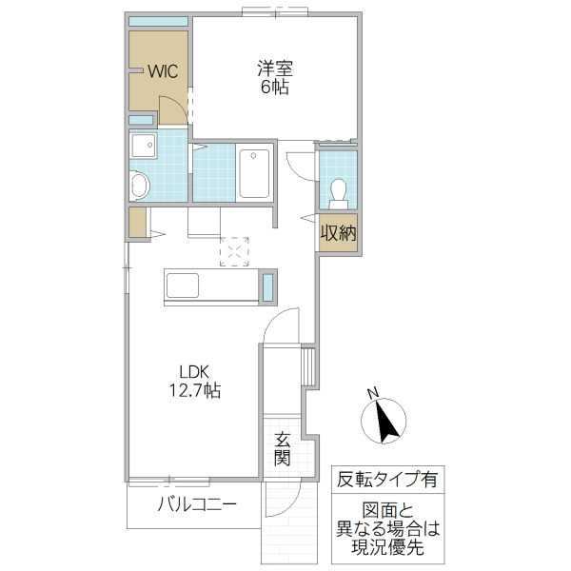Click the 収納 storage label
click(x=338, y=231)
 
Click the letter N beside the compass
click(x=374, y=393)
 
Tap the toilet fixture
click(x=337, y=193)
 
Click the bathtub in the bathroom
click(x=254, y=172)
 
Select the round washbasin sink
click(x=140, y=185)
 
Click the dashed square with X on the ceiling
click(x=233, y=250)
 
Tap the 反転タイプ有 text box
click(x=386, y=480)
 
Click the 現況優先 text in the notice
click(x=386, y=547)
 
